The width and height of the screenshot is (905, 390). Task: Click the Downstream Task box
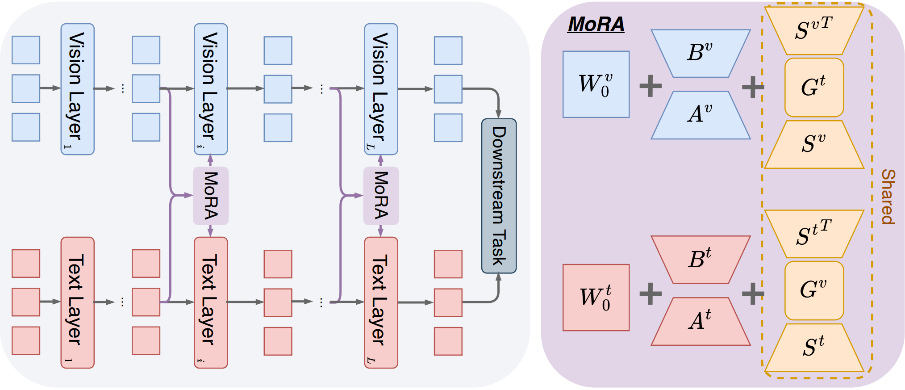pyautogui.click(x=499, y=196)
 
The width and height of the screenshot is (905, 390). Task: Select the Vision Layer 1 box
pyautogui.click(x=77, y=89)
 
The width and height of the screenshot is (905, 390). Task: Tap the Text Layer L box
pyautogui.click(x=381, y=302)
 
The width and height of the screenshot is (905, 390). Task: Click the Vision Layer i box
pyautogui.click(x=211, y=89)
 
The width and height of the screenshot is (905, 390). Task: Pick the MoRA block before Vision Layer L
pyautogui.click(x=381, y=196)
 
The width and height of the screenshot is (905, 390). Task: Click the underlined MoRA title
pyautogui.click(x=596, y=25)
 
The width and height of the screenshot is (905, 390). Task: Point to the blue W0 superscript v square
pyautogui.click(x=596, y=84)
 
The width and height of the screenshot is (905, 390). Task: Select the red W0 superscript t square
pyautogui.click(x=596, y=298)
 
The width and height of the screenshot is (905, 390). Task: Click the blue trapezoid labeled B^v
pyautogui.click(x=701, y=53)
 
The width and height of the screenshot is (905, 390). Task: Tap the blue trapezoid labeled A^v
pyautogui.click(x=701, y=115)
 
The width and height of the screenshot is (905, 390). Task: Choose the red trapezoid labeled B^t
pyautogui.click(x=701, y=260)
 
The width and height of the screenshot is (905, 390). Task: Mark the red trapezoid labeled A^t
pyautogui.click(x=701, y=322)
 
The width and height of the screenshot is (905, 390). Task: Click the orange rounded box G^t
pyautogui.click(x=814, y=88)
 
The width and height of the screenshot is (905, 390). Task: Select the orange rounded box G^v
pyautogui.click(x=814, y=290)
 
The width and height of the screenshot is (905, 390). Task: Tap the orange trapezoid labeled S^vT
pyautogui.click(x=814, y=30)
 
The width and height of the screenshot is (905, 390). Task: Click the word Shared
pyautogui.click(x=888, y=197)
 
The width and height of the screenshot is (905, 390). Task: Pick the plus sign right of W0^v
pyautogui.click(x=651, y=86)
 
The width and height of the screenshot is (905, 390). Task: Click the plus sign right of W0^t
pyautogui.click(x=651, y=294)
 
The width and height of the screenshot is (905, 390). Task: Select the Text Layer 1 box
pyautogui.click(x=77, y=302)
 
